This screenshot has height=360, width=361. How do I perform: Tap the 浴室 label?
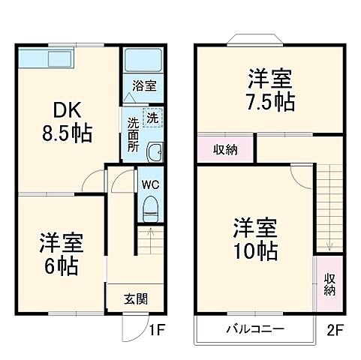coord(145,86)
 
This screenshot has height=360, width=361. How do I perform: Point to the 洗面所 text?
coord(133,133)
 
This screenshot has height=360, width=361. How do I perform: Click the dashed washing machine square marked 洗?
coord(153,118)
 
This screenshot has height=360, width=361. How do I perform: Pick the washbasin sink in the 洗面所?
coord(154,154)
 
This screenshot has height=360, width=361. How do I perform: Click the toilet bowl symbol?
coord(149,205)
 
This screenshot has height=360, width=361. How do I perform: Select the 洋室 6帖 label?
coord(61,253)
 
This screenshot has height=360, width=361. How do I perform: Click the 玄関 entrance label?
coord(135,298)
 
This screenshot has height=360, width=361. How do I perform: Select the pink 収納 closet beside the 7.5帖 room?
coord(226,149)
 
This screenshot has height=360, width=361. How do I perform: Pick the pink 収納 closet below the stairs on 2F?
coord(329,284)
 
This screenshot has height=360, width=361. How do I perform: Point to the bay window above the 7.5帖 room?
coord(254,39)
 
